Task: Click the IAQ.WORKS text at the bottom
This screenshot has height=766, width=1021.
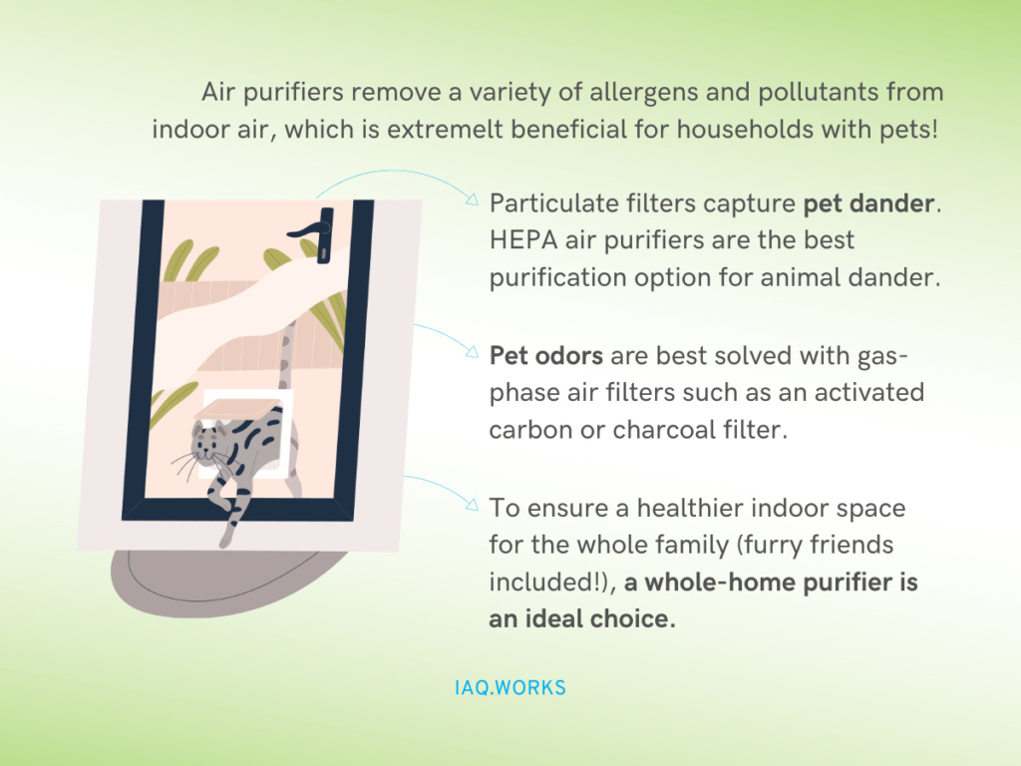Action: [509, 688]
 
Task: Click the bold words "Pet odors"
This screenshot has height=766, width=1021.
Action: [545, 356]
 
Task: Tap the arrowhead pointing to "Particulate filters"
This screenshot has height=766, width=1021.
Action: [472, 200]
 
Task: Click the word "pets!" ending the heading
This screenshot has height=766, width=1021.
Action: [908, 131]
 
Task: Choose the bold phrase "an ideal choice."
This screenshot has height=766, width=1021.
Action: [582, 618]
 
